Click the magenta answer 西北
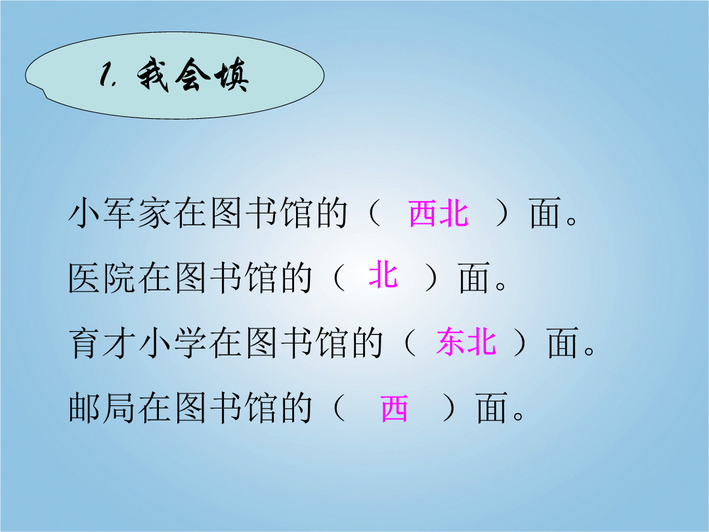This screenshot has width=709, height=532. point(438,213)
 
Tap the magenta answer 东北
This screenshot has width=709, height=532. point(466,342)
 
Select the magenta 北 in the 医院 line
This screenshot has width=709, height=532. point(383,275)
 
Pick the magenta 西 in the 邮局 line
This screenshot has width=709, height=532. point(395,408)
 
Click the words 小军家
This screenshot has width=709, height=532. point(120,213)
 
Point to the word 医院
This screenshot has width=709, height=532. point(102,277)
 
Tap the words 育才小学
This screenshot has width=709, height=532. point(138,342)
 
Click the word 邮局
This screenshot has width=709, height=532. point(102,408)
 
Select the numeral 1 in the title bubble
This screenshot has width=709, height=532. point(107,75)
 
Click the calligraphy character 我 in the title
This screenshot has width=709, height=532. point(154,75)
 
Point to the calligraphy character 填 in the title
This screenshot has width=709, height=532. point(232,75)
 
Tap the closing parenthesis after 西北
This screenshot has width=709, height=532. point(503,213)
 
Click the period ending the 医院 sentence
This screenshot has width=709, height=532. point(501,286)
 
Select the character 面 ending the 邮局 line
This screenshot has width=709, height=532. point(491,408)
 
